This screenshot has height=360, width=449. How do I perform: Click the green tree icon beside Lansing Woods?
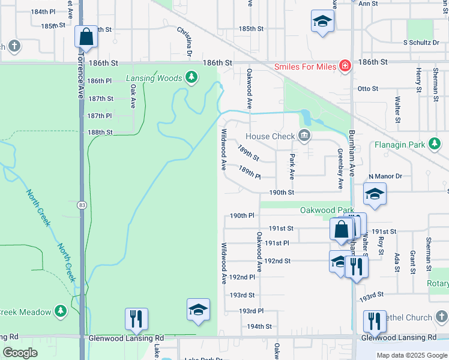pyautogui.click(x=191, y=77)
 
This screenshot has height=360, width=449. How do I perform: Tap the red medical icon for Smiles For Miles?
pyautogui.click(x=345, y=65)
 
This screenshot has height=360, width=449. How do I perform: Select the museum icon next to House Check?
pyautogui.click(x=304, y=136)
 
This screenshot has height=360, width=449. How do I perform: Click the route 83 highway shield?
pyautogui.click(x=81, y=205)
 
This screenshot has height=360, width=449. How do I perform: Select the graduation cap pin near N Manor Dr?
pyautogui.click(x=375, y=194)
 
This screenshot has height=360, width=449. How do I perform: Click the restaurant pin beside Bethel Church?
pyautogui.click(x=374, y=321)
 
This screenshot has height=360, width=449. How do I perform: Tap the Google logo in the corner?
pyautogui.click(x=20, y=353)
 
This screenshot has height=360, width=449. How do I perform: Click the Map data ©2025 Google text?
pyautogui.click(x=412, y=355)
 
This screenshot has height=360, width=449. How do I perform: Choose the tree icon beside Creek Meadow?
pyautogui.click(x=61, y=311)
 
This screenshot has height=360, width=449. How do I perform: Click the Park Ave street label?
pyautogui.click(x=292, y=167)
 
